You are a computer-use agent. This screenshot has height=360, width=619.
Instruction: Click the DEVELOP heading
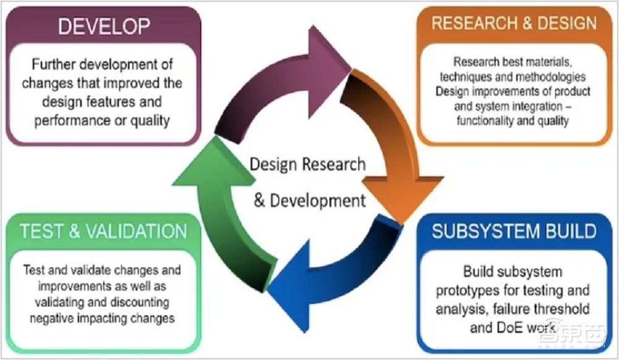click(x=104, y=26)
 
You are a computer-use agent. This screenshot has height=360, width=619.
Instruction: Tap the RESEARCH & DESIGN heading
click(x=514, y=24)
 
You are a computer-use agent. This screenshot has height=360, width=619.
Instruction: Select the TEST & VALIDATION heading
click(x=103, y=231)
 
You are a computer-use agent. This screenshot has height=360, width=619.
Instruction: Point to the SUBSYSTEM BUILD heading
click(x=514, y=231)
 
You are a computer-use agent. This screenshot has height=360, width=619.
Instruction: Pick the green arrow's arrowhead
click(x=214, y=161)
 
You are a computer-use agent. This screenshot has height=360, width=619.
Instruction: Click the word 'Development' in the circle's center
click(x=318, y=200)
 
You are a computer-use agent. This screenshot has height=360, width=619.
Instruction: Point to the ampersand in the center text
click(x=259, y=200)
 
